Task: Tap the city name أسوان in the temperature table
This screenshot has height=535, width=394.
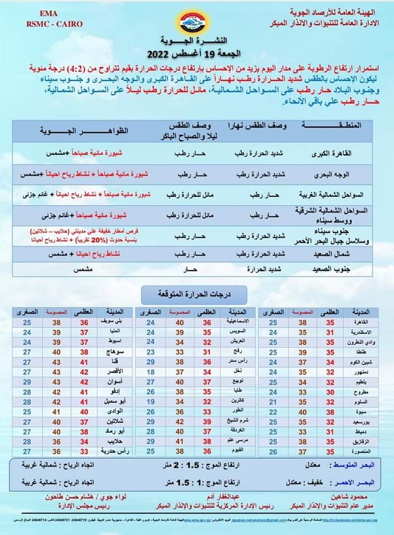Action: click(113, 382)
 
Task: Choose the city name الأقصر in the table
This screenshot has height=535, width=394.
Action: click(112, 372)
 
